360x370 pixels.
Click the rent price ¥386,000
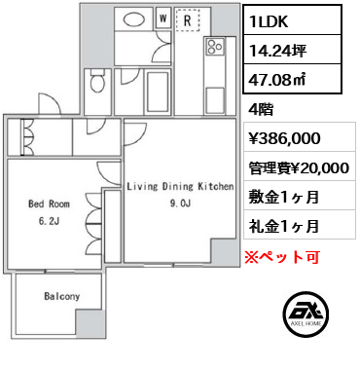click(284, 139)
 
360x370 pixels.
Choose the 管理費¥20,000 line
click(300, 167)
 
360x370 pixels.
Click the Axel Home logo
click(303, 316)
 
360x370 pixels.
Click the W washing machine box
click(162, 18)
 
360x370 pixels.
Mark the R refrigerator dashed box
click(185, 18)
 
